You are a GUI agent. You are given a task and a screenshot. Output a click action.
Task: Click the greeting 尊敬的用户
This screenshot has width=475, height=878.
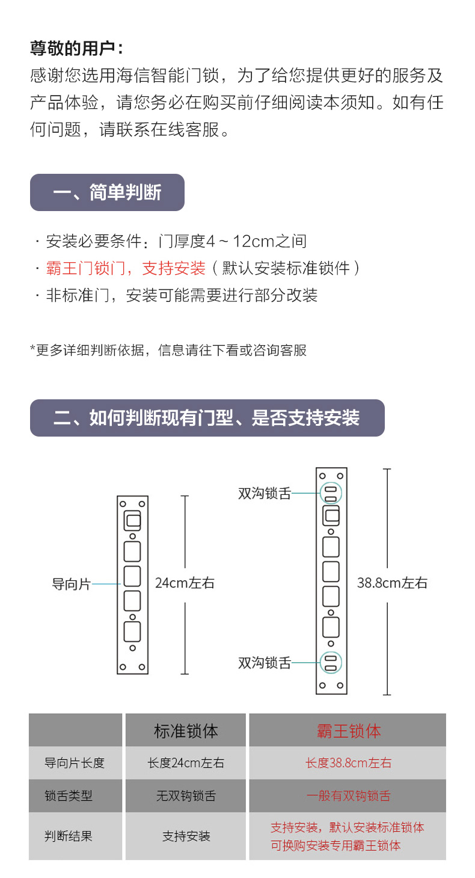click(x=77, y=49)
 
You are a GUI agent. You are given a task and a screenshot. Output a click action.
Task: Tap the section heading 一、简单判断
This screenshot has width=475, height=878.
click(x=107, y=192)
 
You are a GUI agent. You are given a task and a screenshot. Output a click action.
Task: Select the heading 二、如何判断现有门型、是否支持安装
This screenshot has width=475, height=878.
click(x=207, y=418)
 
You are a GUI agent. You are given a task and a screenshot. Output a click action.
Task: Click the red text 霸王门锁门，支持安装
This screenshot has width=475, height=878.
click(x=126, y=268)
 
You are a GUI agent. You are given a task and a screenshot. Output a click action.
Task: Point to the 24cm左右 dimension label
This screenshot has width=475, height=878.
click(x=185, y=583)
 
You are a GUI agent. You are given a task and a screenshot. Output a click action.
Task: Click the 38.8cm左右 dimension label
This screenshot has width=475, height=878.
click(x=392, y=583)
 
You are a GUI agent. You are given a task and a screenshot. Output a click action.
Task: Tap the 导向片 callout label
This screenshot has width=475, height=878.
click(x=71, y=584)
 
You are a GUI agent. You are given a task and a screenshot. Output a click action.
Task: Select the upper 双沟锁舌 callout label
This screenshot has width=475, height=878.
click(x=265, y=494)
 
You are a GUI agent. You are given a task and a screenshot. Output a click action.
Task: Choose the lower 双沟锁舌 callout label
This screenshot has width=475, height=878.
click(x=265, y=663)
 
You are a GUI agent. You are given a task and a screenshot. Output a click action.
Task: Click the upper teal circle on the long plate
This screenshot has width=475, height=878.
click(x=330, y=493)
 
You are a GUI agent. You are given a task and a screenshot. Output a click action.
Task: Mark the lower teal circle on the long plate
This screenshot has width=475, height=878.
click(x=330, y=662)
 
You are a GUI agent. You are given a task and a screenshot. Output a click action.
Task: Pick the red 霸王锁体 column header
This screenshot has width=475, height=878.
click(x=349, y=731)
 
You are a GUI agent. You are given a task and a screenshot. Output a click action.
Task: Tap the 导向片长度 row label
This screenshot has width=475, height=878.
click(x=75, y=763)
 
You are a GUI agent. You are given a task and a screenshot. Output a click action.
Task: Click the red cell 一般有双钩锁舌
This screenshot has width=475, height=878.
click(x=348, y=796)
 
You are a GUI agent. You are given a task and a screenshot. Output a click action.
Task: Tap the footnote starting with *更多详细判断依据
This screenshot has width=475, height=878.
click(x=168, y=350)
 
